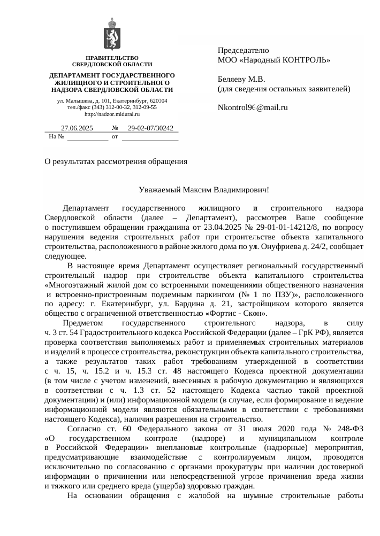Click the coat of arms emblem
(x=111, y=34)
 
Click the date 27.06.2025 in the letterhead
(x=77, y=128)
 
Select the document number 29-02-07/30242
(x=151, y=128)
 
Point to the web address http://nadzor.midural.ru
(x=112, y=115)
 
